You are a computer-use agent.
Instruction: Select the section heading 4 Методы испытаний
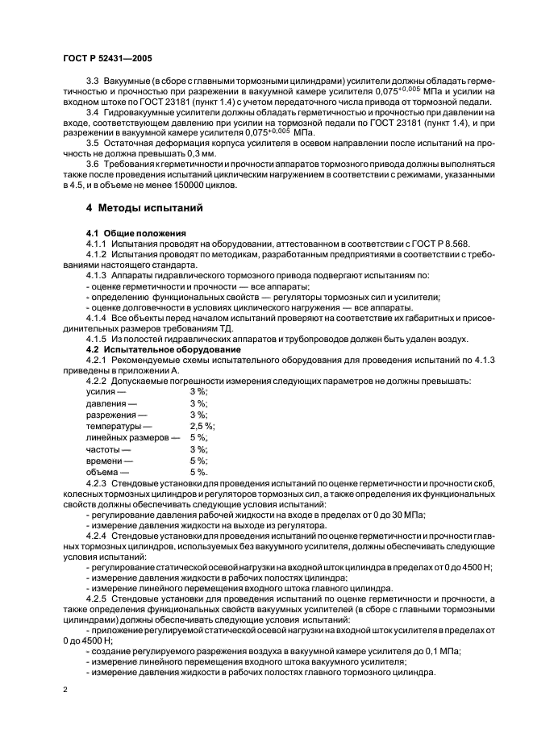tap(144, 207)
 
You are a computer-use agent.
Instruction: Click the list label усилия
tap(100, 391)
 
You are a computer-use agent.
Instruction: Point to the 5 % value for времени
tap(198, 460)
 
